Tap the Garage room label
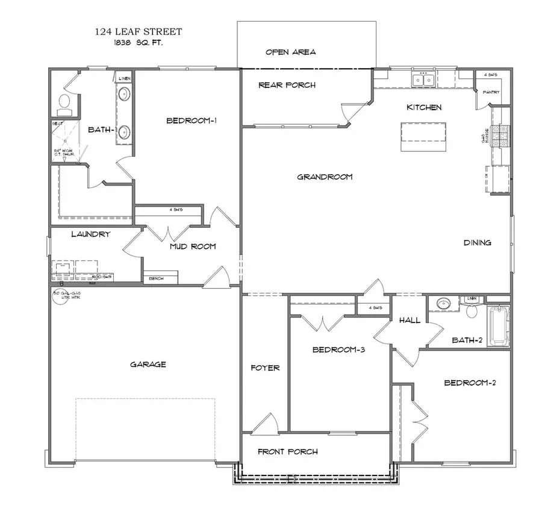click(x=148, y=364)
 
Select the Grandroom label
click(x=325, y=177)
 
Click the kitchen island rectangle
click(x=424, y=137)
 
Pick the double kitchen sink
click(x=423, y=80)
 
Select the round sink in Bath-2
click(x=444, y=303)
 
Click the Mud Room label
click(x=192, y=246)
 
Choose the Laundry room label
click(x=90, y=234)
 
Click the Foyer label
click(x=265, y=368)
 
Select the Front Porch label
click(x=287, y=451)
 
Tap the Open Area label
click(x=290, y=52)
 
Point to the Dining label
click(x=477, y=243)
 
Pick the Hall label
click(x=410, y=321)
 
